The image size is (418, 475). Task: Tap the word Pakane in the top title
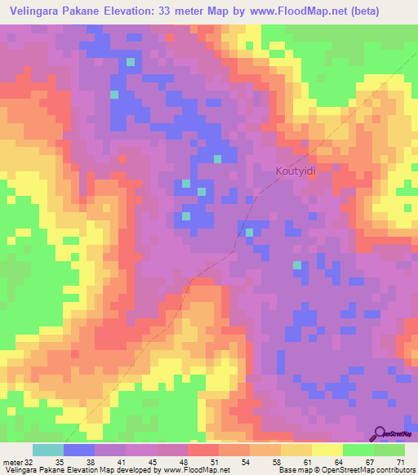point(98,11)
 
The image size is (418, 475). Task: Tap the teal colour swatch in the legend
point(47,450)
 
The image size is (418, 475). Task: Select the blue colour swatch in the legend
point(78,450)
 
